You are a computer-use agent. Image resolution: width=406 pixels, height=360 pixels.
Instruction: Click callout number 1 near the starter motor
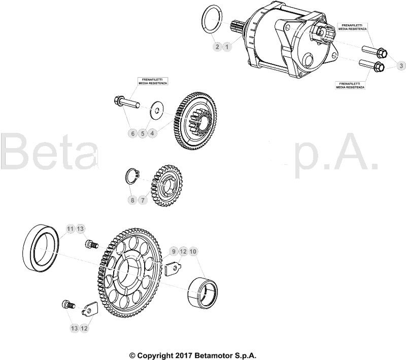click(227, 47)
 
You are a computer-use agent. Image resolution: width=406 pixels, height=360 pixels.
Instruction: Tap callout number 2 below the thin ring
click(217, 47)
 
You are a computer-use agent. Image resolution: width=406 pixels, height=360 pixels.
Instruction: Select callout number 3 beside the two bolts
click(400, 66)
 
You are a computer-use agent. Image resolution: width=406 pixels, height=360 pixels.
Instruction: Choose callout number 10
click(193, 251)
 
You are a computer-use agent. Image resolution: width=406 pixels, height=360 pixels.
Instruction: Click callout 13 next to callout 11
click(80, 229)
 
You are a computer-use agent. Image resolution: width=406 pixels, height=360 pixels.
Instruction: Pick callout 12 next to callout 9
click(183, 251)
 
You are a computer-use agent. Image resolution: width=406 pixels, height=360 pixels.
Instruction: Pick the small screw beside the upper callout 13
click(91, 244)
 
